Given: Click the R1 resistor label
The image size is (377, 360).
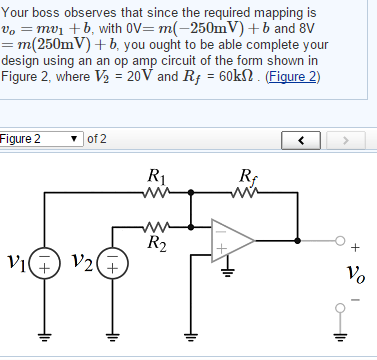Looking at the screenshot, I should pyautogui.click(x=156, y=177).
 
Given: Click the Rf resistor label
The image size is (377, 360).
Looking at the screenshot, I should pyautogui.click(x=247, y=177).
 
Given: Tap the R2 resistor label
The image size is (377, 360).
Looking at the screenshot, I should pyautogui.click(x=156, y=241).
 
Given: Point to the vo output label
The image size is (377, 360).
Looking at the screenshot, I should pyautogui.click(x=350, y=272).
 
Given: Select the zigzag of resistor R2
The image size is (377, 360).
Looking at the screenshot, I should pyautogui.click(x=156, y=225).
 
